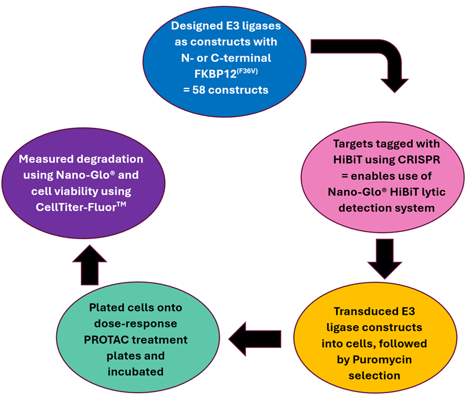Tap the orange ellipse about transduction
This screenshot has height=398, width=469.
[x=377, y=342]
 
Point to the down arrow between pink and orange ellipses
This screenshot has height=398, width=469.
[x=384, y=257]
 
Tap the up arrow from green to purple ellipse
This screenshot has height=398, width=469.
[x=89, y=264]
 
